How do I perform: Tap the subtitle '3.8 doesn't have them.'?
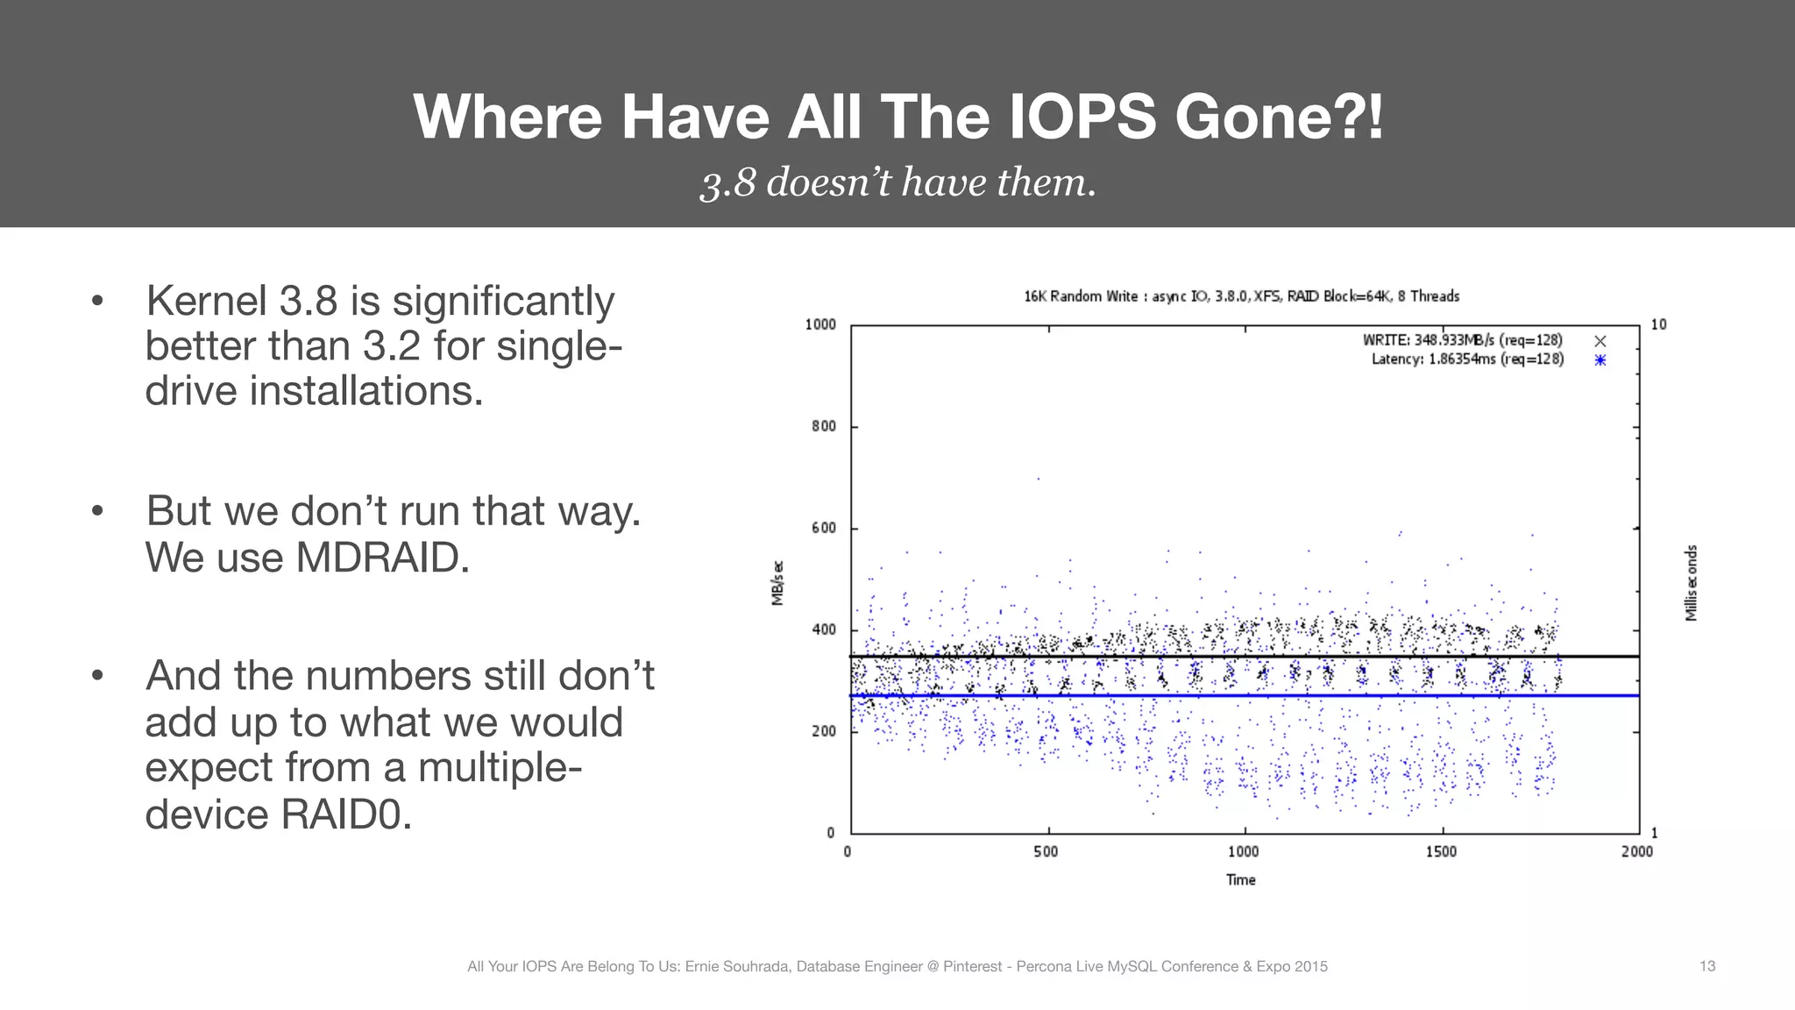(897, 182)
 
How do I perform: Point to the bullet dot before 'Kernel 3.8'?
(97, 302)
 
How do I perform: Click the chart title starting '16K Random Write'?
(1241, 296)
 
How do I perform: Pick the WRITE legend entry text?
(1462, 340)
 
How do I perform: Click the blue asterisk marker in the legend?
(1600, 360)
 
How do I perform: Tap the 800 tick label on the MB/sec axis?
(823, 426)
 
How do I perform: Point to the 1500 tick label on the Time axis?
(1440, 851)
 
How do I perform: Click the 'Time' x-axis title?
(1240, 879)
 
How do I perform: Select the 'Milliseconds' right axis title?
(1691, 583)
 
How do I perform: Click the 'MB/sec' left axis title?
(777, 583)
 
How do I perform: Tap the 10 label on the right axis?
(1658, 324)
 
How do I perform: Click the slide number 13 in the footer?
(1706, 966)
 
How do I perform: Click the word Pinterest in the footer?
(972, 966)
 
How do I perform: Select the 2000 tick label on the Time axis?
(1636, 851)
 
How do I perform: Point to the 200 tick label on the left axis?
(823, 731)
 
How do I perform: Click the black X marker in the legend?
(1600, 341)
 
